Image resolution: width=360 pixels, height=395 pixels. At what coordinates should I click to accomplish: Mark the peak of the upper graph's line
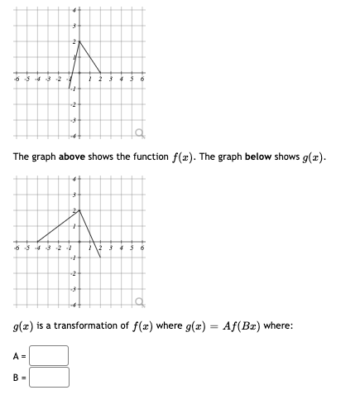pos(79,41)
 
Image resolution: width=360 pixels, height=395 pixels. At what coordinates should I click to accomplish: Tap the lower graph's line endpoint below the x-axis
pos(100,258)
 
